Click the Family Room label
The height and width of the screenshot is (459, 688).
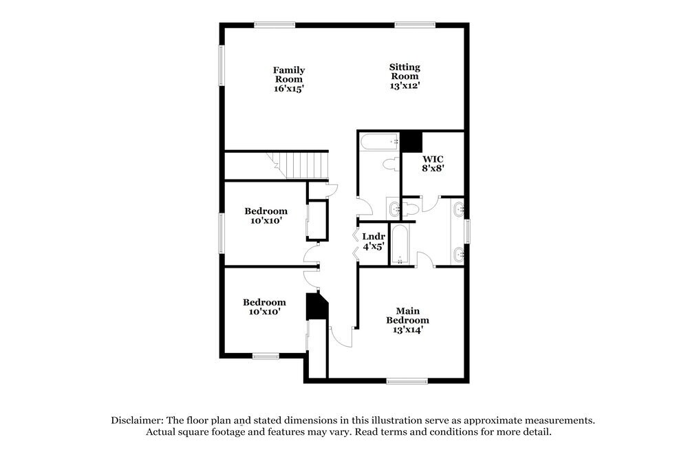[x=289, y=79]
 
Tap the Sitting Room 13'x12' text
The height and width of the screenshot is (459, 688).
[x=405, y=76]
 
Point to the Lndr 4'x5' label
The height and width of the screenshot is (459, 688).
[x=374, y=241]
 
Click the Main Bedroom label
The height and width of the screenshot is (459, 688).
[x=407, y=320]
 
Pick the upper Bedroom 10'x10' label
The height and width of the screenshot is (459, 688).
[x=266, y=215]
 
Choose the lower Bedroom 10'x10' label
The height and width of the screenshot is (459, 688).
[x=264, y=306]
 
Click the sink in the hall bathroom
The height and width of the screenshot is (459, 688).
[x=394, y=208]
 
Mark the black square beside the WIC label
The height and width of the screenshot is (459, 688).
[x=412, y=142]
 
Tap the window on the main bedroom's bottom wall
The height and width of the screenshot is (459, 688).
[x=407, y=381]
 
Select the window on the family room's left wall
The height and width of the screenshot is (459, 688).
[x=222, y=65]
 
